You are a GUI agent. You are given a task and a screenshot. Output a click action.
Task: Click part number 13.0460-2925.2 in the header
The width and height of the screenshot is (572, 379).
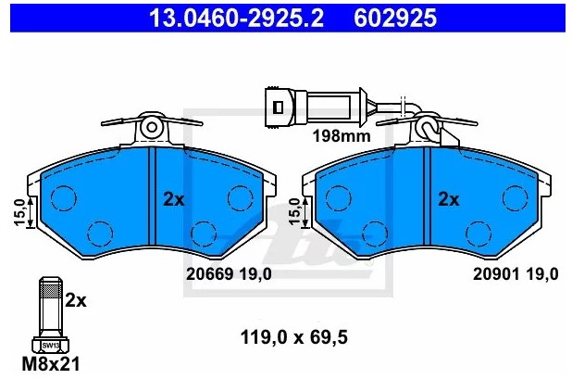coord(236,18)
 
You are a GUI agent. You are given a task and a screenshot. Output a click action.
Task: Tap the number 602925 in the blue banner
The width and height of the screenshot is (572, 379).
coord(395,18)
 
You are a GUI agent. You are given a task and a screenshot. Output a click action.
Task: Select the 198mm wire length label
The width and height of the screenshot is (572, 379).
coord(342,136)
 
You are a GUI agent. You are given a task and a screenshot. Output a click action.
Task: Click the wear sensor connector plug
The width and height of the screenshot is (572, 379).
coord(280,107)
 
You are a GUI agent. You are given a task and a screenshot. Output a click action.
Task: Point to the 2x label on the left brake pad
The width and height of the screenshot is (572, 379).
coord(174,199)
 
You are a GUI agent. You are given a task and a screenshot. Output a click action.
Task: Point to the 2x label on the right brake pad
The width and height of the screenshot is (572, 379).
coord(449,199)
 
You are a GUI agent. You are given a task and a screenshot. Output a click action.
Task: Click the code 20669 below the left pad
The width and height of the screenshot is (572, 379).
coord(209,274)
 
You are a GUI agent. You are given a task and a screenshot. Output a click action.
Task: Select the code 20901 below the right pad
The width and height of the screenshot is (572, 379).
coord(496,274)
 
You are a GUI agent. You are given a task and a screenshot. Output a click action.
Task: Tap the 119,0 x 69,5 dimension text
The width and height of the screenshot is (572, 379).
coord(294,337)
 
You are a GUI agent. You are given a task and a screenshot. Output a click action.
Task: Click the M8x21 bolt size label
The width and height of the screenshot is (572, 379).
coord(51,363)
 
